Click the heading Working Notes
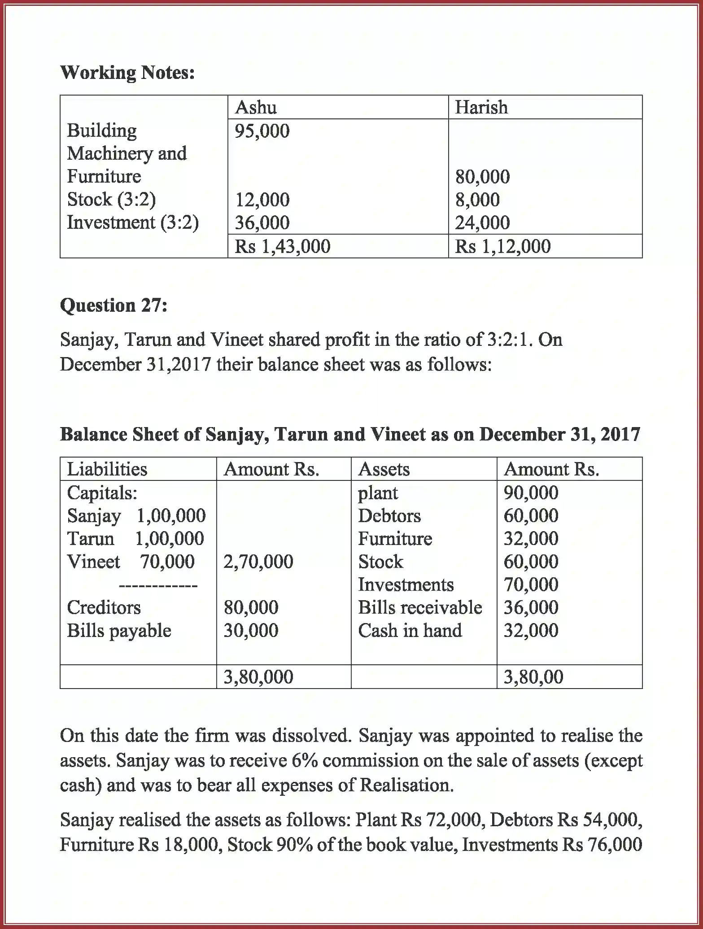pyautogui.click(x=127, y=73)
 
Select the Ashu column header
pyautogui.click(x=256, y=108)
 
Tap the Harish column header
pyautogui.click(x=481, y=108)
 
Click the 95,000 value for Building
pyautogui.click(x=262, y=131)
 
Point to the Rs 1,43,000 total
pyautogui.click(x=282, y=246)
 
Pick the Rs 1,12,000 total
pyautogui.click(x=502, y=246)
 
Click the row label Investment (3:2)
pyautogui.click(x=133, y=222)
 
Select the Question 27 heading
pyautogui.click(x=114, y=305)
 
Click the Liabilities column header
pyautogui.click(x=107, y=469)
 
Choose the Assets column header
pyautogui.click(x=384, y=469)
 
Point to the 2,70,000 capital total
pyautogui.click(x=258, y=562)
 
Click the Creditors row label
pyautogui.click(x=104, y=607)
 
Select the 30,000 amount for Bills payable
pyautogui.click(x=251, y=630)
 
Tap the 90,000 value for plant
pyautogui.click(x=531, y=493)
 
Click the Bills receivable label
pyautogui.click(x=420, y=607)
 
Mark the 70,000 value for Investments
pyautogui.click(x=531, y=584)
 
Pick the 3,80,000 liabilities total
pyautogui.click(x=258, y=677)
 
